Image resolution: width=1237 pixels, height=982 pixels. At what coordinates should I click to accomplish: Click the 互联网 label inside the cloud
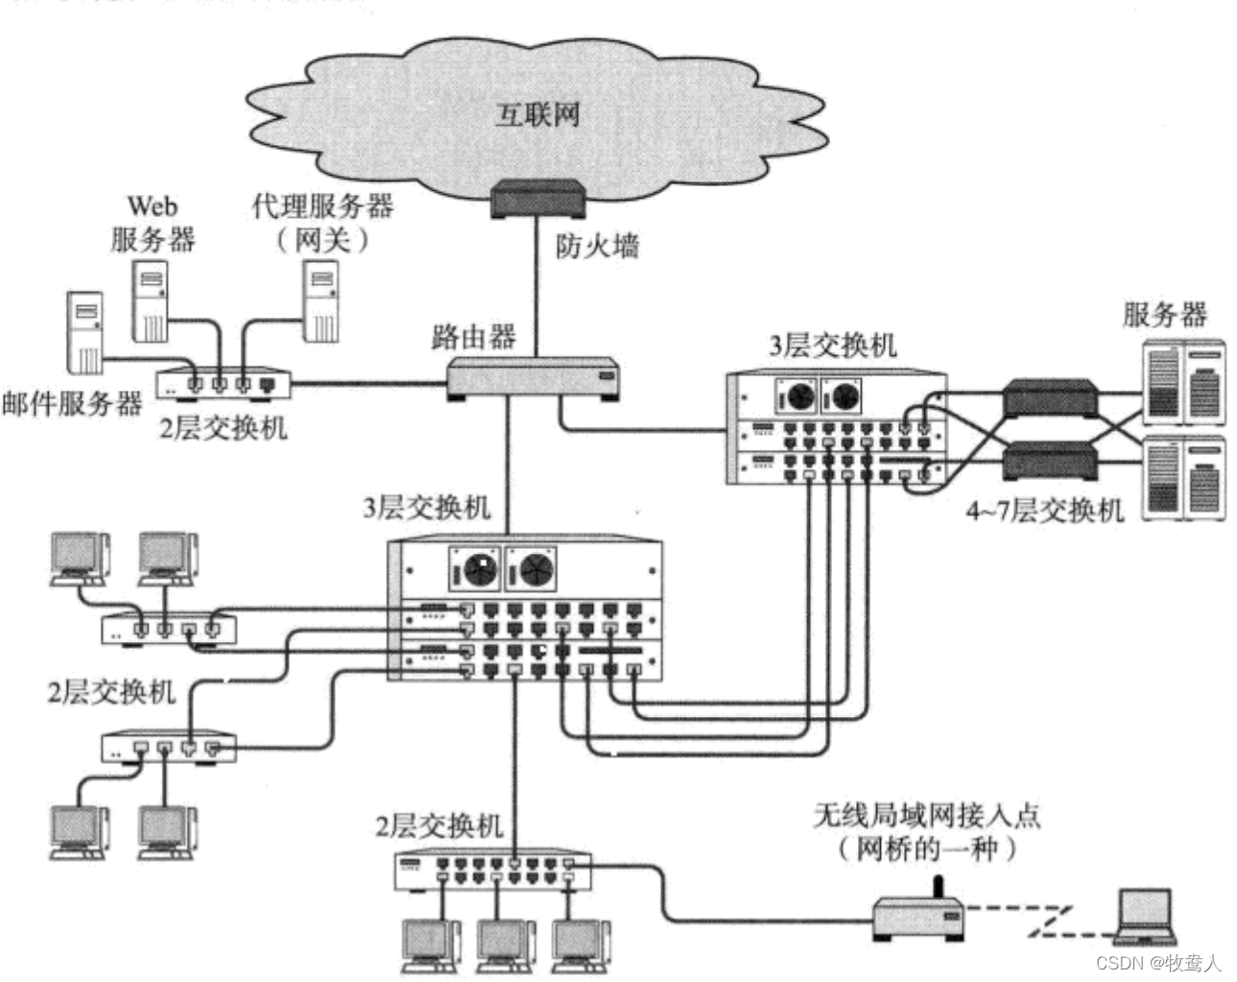(x=537, y=114)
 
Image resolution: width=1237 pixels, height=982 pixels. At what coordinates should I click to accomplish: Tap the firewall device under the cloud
(x=537, y=199)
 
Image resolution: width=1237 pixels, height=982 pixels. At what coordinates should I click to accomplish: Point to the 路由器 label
(x=473, y=337)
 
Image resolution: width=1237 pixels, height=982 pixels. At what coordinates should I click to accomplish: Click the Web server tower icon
(x=150, y=303)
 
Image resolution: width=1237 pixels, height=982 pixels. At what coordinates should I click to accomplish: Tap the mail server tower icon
(x=84, y=332)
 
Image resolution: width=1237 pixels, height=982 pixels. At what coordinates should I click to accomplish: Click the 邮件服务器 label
(x=72, y=403)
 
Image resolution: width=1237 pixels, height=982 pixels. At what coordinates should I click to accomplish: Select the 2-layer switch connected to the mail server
(x=224, y=383)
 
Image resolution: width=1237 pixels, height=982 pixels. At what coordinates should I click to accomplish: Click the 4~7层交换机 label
(x=1043, y=510)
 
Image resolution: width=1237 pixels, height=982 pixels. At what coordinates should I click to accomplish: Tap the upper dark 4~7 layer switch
(x=1049, y=396)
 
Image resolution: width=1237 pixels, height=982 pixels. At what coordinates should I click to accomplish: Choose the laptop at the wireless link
(x=1145, y=916)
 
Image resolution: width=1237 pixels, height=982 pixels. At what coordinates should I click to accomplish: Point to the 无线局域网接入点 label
(x=926, y=815)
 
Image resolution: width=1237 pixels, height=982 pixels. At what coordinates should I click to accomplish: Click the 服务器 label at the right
(x=1164, y=314)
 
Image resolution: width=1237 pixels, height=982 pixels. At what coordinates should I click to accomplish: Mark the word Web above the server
(x=153, y=205)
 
